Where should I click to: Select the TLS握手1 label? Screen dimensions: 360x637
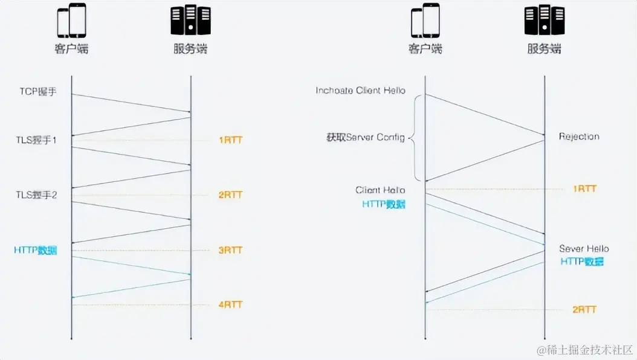[36, 140]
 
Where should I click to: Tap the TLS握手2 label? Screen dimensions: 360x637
[36, 194]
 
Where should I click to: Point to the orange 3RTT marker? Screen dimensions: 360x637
[230, 250]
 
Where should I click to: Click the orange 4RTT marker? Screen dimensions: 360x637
[230, 304]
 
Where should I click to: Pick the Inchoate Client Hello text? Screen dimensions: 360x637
[360, 91]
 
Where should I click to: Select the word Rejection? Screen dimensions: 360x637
[579, 137]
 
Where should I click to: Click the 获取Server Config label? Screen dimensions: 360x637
[366, 138]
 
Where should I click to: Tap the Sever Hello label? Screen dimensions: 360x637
[584, 249]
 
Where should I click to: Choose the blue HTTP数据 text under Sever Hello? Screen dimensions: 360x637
[582, 262]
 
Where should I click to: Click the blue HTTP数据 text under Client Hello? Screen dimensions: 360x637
[384, 204]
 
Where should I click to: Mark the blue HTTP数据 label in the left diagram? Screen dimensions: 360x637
[36, 250]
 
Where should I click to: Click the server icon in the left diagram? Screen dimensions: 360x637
[190, 21]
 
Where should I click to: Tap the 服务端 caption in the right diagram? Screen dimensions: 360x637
[544, 49]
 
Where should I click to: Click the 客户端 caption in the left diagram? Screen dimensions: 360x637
[71, 49]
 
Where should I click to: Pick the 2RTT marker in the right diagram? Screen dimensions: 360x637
[584, 309]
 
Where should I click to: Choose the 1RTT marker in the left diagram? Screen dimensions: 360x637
[230, 140]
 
